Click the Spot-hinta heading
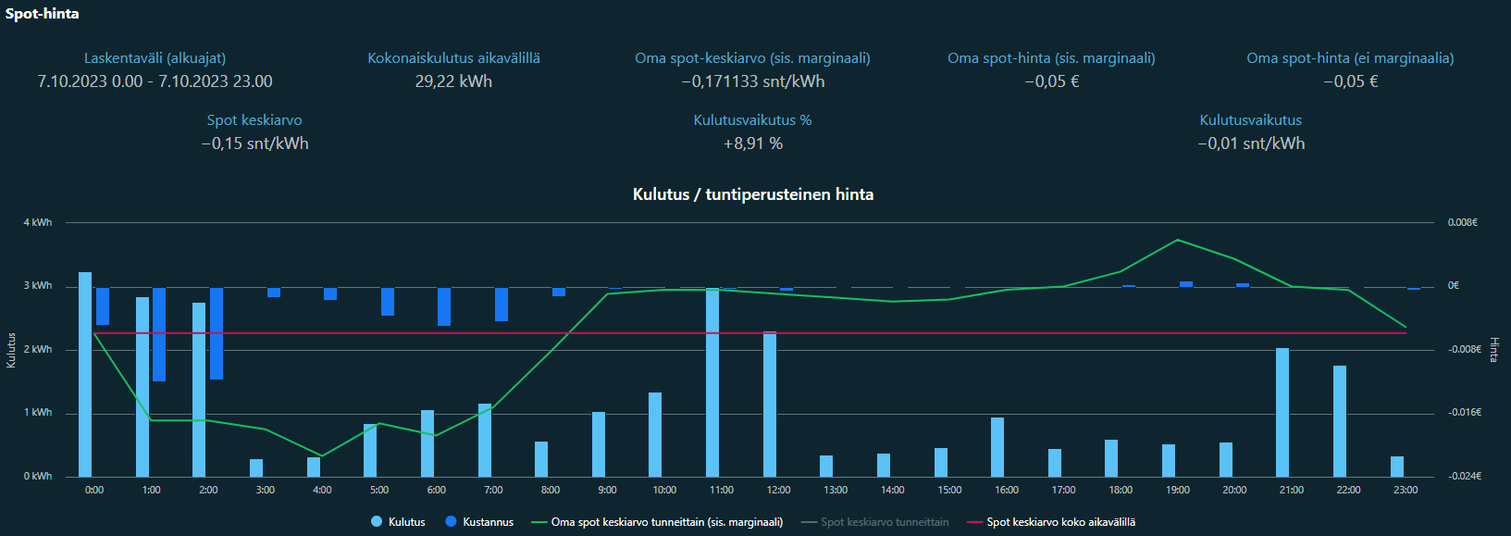point(43,14)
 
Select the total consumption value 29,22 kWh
point(453,81)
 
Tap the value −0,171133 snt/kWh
point(752,81)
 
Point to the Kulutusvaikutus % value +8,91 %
point(752,143)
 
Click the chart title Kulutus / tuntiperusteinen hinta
point(752,194)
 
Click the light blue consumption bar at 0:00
point(85,374)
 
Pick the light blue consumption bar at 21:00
point(1282,412)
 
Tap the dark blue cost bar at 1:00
point(159,334)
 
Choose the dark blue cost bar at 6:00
point(444,306)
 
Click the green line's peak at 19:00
point(1177,240)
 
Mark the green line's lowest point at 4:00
point(322,455)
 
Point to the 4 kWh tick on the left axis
point(38,222)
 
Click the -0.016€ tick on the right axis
point(1465,413)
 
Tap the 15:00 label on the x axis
point(949,490)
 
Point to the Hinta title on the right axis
point(1494,350)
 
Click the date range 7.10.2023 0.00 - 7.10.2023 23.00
point(155,81)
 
